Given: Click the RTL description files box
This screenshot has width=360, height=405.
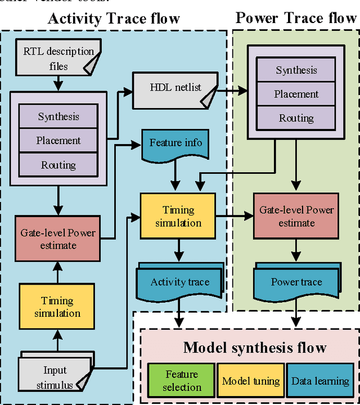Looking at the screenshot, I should tap(58, 58).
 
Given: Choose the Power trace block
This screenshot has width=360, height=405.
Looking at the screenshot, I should tap(296, 282).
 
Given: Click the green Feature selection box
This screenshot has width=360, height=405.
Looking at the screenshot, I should tap(181, 381).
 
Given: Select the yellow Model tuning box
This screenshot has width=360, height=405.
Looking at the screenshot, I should tap(251, 381).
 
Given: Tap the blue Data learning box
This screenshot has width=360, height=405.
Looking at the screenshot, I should tap(319, 381).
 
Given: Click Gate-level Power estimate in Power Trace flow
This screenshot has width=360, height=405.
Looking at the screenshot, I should tap(296, 216).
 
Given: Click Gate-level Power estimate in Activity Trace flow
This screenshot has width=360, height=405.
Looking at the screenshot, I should tap(58, 238).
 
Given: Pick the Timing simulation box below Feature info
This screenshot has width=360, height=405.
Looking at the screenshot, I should tap(178, 216).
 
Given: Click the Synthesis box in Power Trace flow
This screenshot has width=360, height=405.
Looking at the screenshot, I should tap(296, 70).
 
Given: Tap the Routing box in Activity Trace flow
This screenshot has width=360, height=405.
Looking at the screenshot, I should tap(58, 165).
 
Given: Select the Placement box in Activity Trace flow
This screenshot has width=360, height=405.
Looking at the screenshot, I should tap(58, 141).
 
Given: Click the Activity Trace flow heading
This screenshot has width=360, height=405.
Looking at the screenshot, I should tap(114, 18).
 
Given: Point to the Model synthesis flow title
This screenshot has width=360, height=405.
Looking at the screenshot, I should tap(254, 347).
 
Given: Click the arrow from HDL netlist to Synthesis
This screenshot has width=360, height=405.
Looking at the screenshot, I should tap(231, 89).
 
